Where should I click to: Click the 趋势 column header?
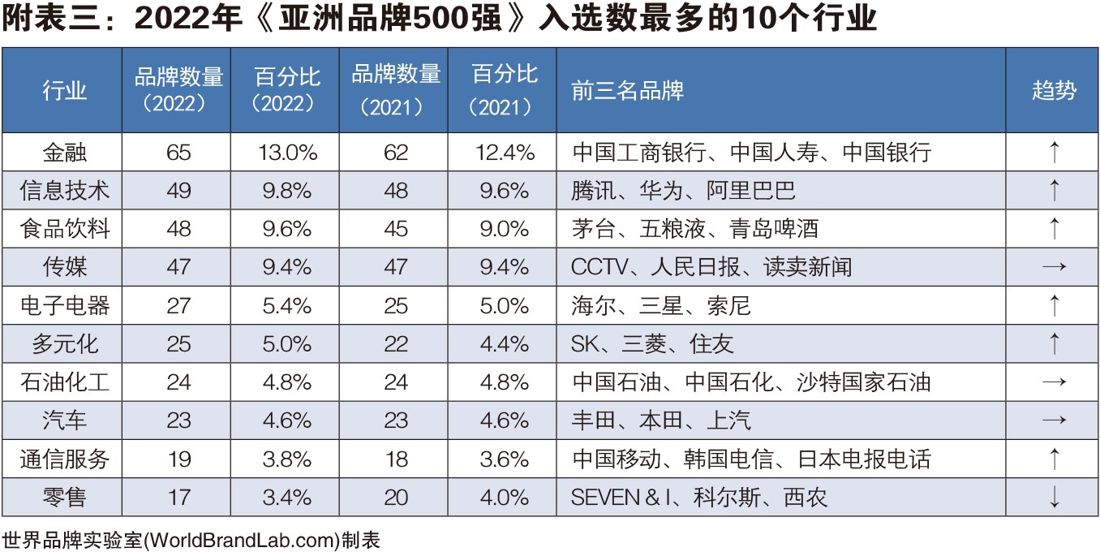1053,90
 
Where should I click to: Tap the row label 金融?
64,152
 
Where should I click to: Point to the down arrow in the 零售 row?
1054,497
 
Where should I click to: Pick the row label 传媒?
64,267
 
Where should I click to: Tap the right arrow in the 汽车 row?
1054,420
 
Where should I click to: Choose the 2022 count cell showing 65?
178,152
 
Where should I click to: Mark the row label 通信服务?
64,459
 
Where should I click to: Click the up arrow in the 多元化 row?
1054,343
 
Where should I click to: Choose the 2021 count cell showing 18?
396,459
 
